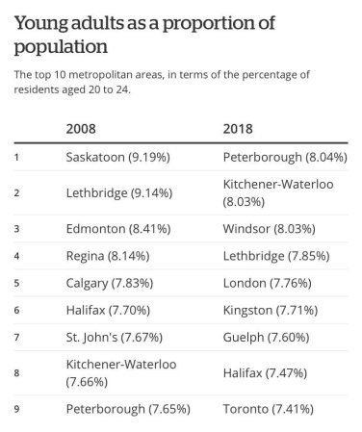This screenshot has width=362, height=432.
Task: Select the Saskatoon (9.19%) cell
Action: pyautogui.click(x=117, y=155)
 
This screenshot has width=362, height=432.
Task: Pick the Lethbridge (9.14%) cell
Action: pyautogui.click(x=118, y=192)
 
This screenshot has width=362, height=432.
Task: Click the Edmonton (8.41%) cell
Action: pyautogui.click(x=116, y=229)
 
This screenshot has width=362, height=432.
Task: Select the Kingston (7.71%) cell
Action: pyautogui.click(x=273, y=310)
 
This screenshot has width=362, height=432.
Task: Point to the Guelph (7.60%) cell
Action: pyautogui.click(x=269, y=337)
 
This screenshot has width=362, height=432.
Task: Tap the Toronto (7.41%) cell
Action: pyautogui.click(x=271, y=409)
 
